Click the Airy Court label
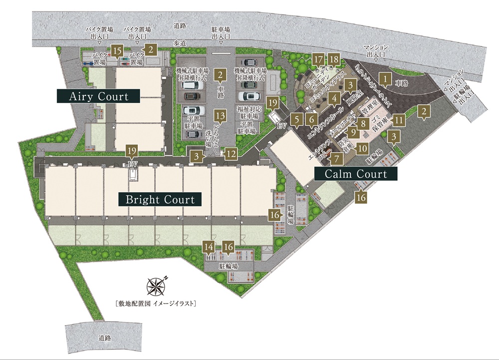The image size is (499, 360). coord(99,96)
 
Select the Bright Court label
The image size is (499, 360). coord(160,200)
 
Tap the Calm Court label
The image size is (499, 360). coord(356,174)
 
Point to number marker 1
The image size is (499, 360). coord(384,78)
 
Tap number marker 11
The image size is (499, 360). coord(398,120)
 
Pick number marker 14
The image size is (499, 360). coord(208,246)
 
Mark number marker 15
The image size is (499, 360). coord(117,50)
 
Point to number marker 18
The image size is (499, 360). coord(334,60)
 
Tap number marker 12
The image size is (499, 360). coord(230,154)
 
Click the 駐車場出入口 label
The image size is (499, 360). coord(220,33)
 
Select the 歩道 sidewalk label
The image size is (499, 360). coord(180,44)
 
